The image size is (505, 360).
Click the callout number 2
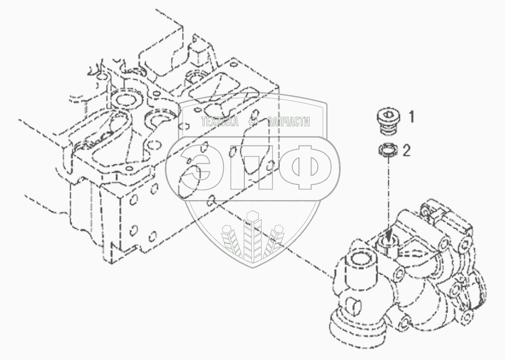pos(407,151)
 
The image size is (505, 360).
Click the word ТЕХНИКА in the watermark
pos(220,122)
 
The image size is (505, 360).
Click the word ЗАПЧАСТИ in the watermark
pos(288,122)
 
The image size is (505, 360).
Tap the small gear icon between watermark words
pos(254,122)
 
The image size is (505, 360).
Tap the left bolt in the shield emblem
pos(229,242)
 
